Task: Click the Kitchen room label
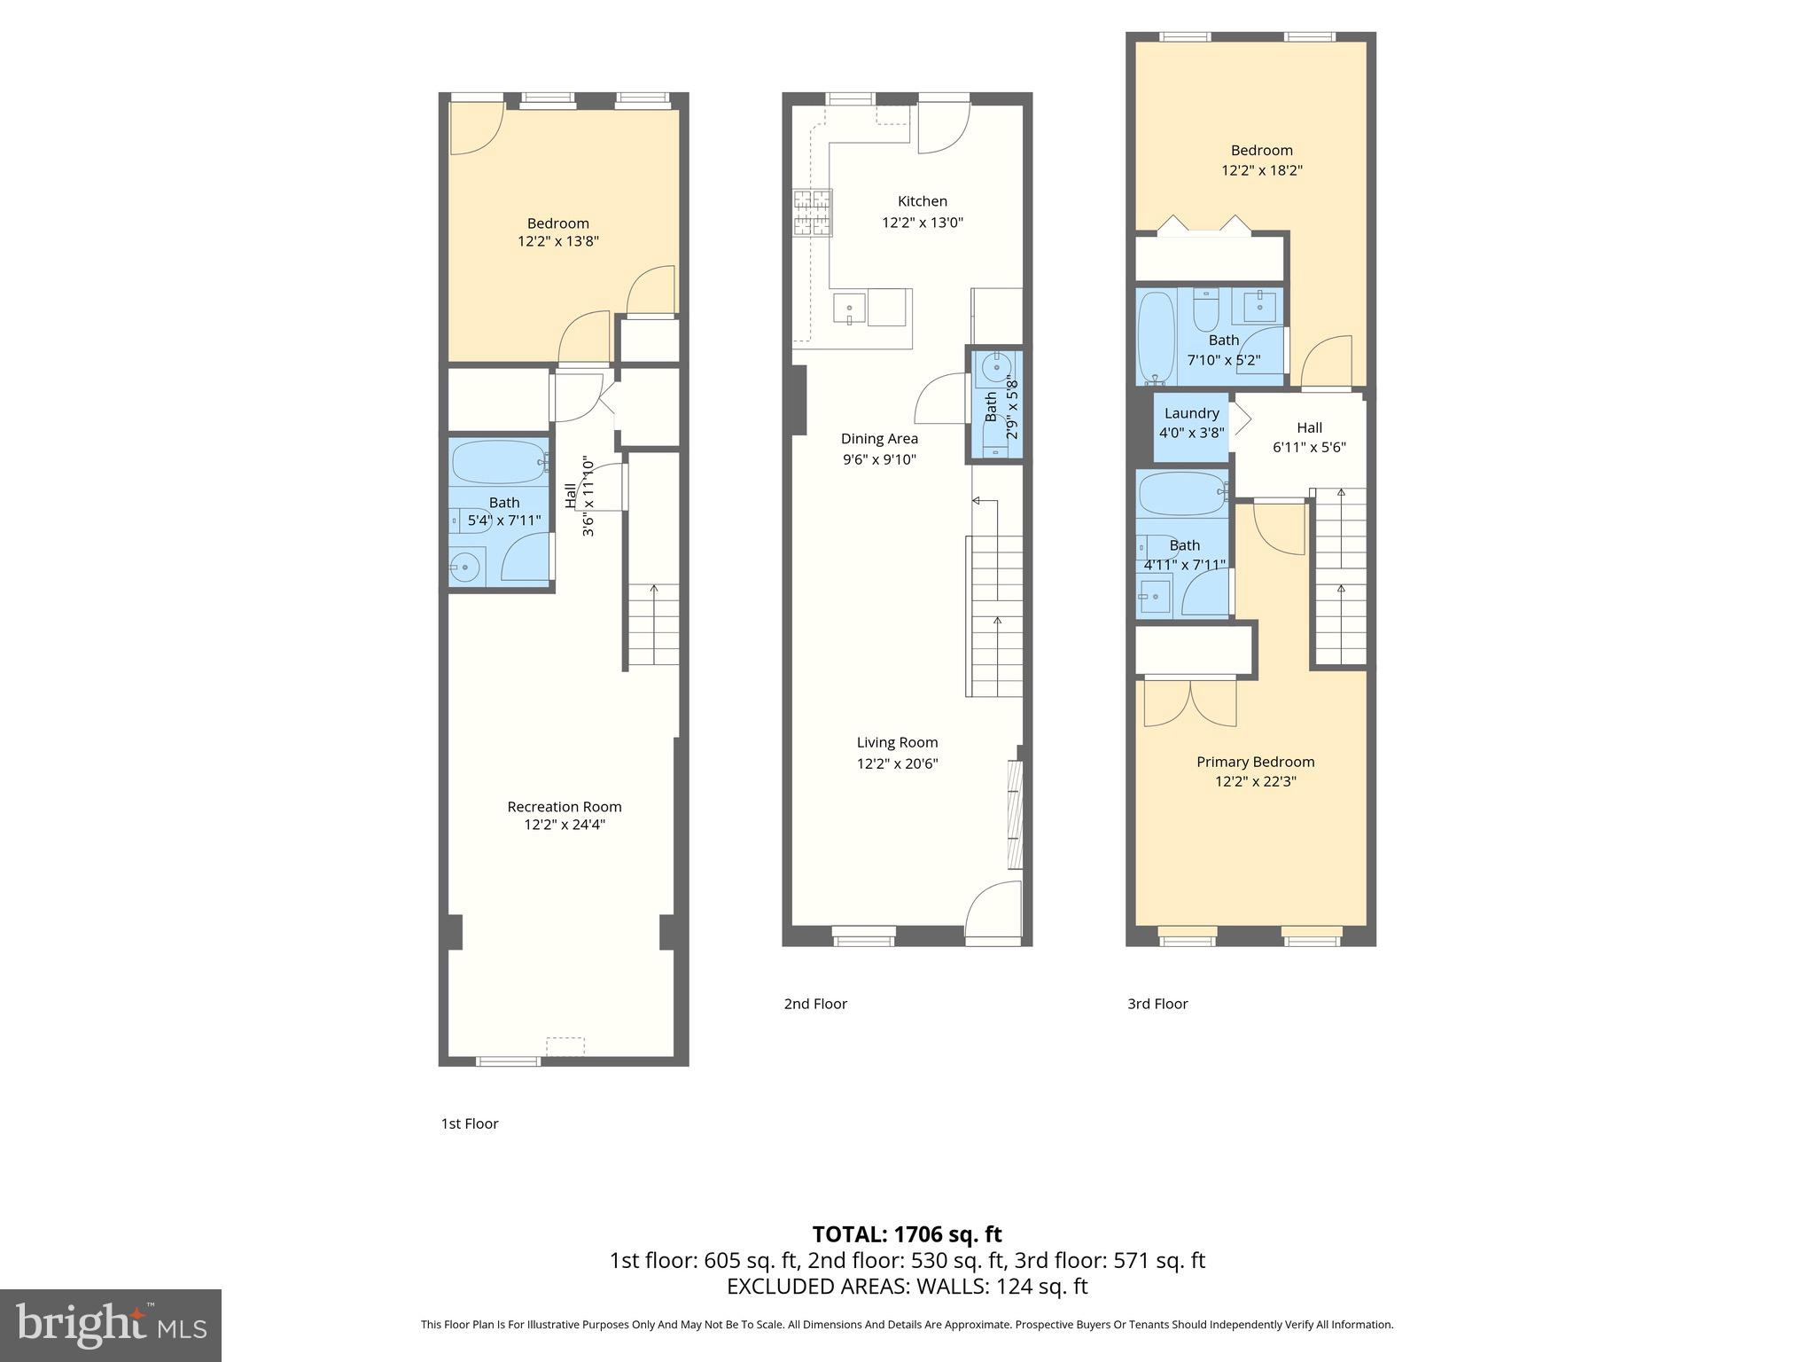922,201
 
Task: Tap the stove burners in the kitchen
813,213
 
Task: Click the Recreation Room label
565,807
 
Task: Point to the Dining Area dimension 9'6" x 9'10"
879,459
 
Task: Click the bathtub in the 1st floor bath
497,461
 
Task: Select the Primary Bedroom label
1255,762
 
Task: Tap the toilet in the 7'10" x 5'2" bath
1206,310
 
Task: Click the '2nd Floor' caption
815,1004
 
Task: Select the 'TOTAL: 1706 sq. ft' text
907,1234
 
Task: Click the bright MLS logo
110,1325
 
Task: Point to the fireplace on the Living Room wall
1016,814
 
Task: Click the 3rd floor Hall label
1309,427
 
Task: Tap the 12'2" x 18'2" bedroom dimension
1261,170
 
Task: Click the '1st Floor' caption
470,1123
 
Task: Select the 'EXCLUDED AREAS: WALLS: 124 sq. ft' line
907,1287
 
